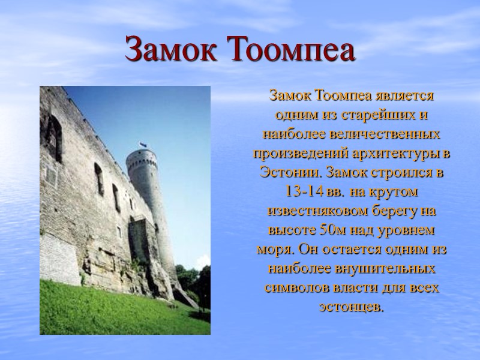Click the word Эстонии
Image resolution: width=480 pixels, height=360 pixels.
point(285,172)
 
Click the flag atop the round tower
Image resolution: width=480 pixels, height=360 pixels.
point(142,145)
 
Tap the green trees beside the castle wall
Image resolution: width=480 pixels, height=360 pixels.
point(195,282)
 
